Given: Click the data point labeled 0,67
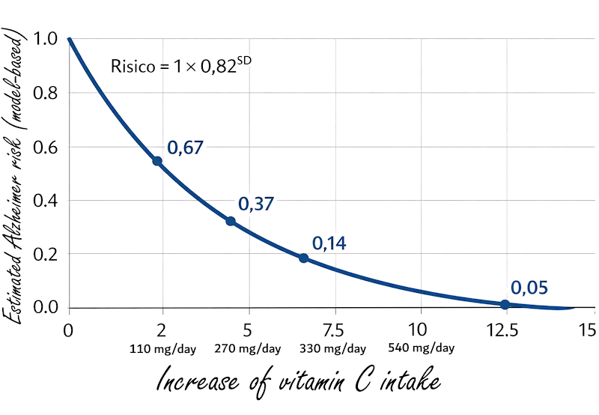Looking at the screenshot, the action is click(157, 161).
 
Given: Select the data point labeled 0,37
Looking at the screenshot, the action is click(231, 221).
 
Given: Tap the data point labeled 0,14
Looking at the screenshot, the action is click(303, 258).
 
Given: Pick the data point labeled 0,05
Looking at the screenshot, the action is click(505, 305).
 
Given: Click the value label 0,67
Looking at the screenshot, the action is click(185, 148).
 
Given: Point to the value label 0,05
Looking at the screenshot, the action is click(529, 288).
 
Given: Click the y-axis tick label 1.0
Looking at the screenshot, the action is click(45, 39).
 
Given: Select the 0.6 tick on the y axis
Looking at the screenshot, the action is click(45, 147).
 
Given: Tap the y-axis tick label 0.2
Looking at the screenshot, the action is click(45, 254).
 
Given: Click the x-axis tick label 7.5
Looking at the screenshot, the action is click(333, 330).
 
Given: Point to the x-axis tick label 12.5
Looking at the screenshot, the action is click(502, 330).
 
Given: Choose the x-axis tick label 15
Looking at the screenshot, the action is click(588, 330).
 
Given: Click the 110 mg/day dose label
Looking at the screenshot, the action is click(162, 349).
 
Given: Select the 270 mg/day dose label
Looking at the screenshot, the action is click(248, 349).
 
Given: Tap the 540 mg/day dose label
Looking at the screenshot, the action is click(422, 348).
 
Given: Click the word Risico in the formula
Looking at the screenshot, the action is click(133, 66).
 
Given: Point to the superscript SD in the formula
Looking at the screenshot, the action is click(245, 61).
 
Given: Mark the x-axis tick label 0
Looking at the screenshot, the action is click(68, 330).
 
